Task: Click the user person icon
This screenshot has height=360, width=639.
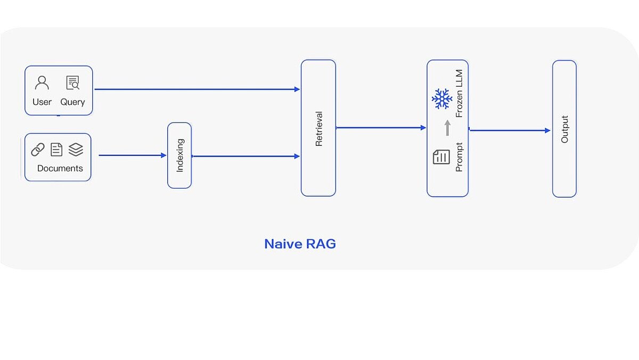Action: click(42, 83)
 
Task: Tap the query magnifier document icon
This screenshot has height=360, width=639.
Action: click(72, 83)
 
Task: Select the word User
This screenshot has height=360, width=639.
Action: click(42, 102)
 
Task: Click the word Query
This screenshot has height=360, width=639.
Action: click(72, 102)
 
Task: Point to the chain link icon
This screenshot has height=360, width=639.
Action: click(38, 150)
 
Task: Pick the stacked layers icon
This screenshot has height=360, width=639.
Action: click(76, 150)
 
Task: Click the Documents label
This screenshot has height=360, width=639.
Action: click(60, 168)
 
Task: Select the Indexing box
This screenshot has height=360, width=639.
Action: click(179, 156)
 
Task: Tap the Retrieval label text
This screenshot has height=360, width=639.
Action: click(319, 128)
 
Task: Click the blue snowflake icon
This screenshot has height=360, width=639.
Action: click(441, 99)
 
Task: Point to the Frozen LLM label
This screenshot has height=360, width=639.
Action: click(459, 93)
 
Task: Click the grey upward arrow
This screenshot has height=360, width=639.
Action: click(447, 128)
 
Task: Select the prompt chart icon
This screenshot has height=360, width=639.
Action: click(441, 157)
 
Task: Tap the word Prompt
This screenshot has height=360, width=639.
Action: click(459, 157)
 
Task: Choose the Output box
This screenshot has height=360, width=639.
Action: click(564, 129)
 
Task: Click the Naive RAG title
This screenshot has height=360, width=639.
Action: click(300, 244)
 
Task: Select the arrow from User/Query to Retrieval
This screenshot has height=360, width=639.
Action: click(197, 89)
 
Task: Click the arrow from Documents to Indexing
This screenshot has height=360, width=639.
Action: click(133, 156)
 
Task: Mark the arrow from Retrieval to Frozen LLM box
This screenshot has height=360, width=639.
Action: click(381, 128)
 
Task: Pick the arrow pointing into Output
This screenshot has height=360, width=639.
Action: click(510, 130)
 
